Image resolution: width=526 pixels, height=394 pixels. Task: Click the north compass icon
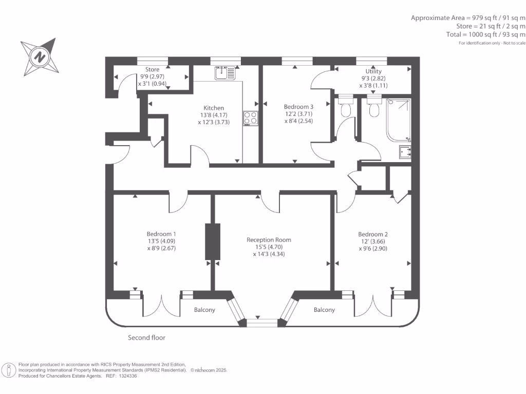tap(39, 56)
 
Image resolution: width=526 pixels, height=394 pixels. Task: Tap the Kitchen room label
tap(214, 108)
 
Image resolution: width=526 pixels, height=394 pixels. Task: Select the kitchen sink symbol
tap(224, 73)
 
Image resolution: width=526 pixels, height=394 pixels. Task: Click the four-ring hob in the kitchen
tap(251, 117)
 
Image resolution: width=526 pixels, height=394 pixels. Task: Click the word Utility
tap(373, 71)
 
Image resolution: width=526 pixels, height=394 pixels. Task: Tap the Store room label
tap(152, 69)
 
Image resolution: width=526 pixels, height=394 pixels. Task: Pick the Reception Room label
tap(269, 240)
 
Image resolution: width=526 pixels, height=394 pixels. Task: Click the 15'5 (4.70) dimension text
tap(269, 247)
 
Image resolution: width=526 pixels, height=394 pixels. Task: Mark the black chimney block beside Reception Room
tap(212, 241)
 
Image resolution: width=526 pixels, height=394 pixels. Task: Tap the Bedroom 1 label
tap(162, 233)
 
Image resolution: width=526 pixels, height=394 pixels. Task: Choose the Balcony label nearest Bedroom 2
tap(324, 310)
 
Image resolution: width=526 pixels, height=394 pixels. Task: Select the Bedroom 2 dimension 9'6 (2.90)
tap(373, 248)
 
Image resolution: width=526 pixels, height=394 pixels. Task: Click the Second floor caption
tap(146, 338)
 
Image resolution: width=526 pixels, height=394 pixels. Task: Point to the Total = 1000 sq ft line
tap(486, 34)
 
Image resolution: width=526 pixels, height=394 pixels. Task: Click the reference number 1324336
tap(127, 376)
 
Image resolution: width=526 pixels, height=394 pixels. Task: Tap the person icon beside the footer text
tap(9, 369)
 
